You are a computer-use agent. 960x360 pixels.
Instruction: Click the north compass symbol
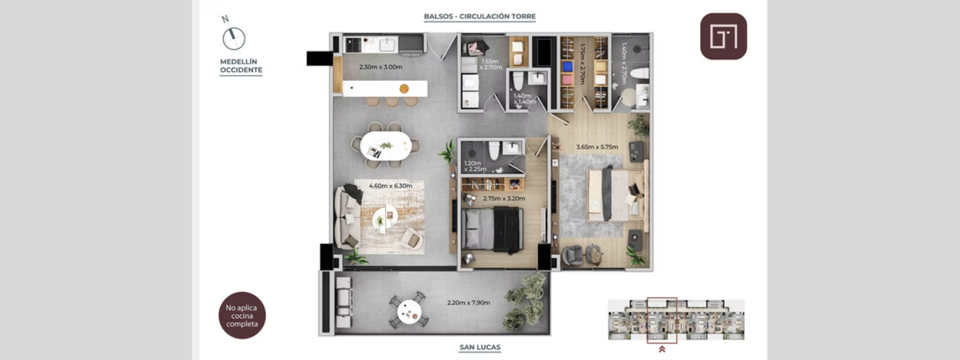pyautogui.click(x=234, y=38)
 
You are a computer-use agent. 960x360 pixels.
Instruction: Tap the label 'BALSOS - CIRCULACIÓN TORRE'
pyautogui.click(x=479, y=16)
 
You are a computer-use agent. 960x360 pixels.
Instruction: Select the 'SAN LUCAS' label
pyautogui.click(x=479, y=348)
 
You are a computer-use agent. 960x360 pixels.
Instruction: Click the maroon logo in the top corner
pyautogui.click(x=723, y=36)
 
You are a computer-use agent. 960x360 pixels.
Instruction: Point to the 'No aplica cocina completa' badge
pyautogui.click(x=241, y=315)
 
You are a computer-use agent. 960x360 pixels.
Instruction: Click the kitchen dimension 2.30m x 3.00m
pyautogui.click(x=381, y=67)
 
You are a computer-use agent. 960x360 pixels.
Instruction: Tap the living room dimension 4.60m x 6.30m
pyautogui.click(x=390, y=186)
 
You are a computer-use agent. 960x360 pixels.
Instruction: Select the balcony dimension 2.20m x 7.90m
pyautogui.click(x=468, y=302)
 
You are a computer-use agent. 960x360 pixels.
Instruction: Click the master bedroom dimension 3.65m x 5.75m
pyautogui.click(x=596, y=147)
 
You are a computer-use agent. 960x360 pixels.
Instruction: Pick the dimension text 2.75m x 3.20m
pyautogui.click(x=503, y=199)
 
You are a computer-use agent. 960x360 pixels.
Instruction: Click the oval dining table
pyautogui.click(x=385, y=145)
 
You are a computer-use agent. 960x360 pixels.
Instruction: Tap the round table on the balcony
pyautogui.click(x=410, y=311)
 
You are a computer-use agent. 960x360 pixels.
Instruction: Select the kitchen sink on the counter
pyautogui.click(x=386, y=44)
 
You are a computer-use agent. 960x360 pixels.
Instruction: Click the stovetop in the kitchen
pyautogui.click(x=354, y=45)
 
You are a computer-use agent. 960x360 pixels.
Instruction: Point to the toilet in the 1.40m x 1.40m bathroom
pyautogui.click(x=519, y=80)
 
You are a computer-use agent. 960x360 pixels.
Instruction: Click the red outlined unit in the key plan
pyautogui.click(x=662, y=319)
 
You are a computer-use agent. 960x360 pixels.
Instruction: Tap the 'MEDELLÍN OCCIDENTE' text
pyautogui.click(x=241, y=66)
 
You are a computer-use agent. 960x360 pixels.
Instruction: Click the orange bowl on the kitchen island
pyautogui.click(x=405, y=88)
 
